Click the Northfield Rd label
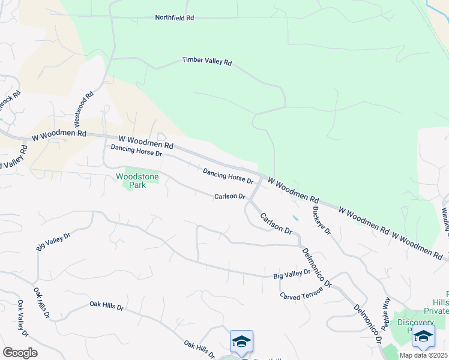click(x=174, y=18)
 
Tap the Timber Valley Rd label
click(x=206, y=61)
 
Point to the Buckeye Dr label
click(x=322, y=221)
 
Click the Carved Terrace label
click(x=301, y=292)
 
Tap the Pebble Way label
click(x=386, y=310)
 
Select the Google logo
click(x=20, y=352)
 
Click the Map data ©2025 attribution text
click(x=424, y=355)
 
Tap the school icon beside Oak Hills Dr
click(x=241, y=341)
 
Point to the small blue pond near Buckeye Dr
click(x=295, y=218)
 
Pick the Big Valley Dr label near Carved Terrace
click(x=292, y=274)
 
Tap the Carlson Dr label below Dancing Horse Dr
click(x=231, y=197)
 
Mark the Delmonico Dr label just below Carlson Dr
click(x=317, y=268)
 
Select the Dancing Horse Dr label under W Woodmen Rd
click(x=136, y=150)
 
